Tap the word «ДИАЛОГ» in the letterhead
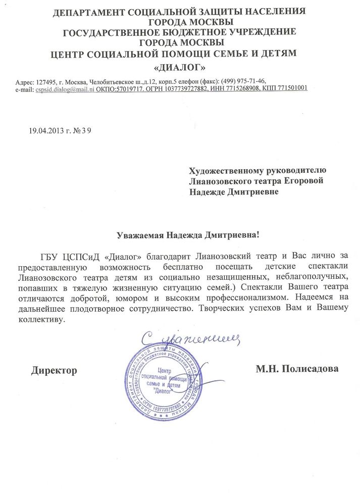pos(179,67)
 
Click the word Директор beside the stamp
pos(54,370)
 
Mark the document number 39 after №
pos(87,130)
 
